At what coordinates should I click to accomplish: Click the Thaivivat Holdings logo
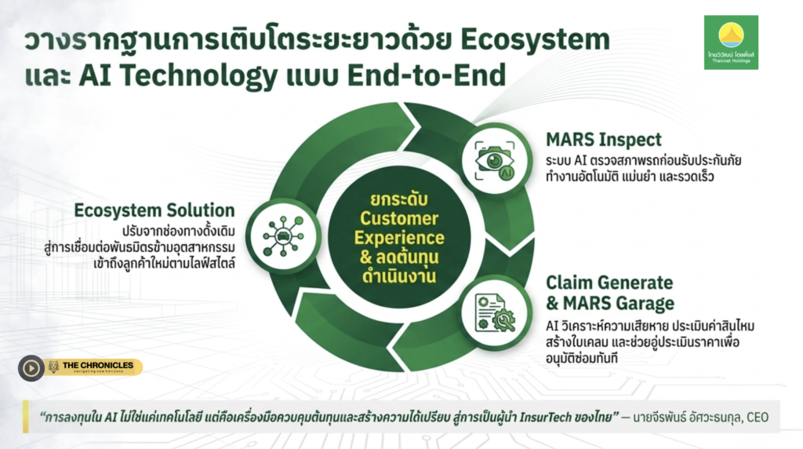pyautogui.click(x=731, y=42)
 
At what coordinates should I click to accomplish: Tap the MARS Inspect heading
pyautogui.click(x=603, y=140)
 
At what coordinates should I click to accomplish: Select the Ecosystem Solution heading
pyautogui.click(x=154, y=210)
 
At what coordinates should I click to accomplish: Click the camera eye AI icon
pyautogui.click(x=495, y=160)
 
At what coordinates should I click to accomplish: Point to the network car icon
pyautogui.click(x=283, y=235)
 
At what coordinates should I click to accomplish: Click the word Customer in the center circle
pyautogui.click(x=399, y=218)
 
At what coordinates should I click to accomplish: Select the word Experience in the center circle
pyautogui.click(x=399, y=238)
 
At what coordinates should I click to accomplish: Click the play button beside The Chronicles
pyautogui.click(x=31, y=368)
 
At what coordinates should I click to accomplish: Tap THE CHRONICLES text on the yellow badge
pyautogui.click(x=98, y=365)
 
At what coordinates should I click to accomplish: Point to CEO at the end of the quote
pyautogui.click(x=758, y=418)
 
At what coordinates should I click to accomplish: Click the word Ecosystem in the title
pyautogui.click(x=535, y=40)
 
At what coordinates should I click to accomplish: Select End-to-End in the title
pyautogui.click(x=427, y=75)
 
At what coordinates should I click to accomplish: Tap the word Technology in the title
pyautogui.click(x=198, y=76)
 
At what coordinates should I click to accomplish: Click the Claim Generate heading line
pyautogui.click(x=609, y=283)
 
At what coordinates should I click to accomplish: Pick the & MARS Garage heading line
pyautogui.click(x=610, y=304)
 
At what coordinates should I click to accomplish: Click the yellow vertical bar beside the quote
pyautogui.click(x=26, y=416)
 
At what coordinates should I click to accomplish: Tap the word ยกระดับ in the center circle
pyautogui.click(x=399, y=199)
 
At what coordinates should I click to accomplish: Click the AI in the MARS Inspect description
pyautogui.click(x=580, y=160)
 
